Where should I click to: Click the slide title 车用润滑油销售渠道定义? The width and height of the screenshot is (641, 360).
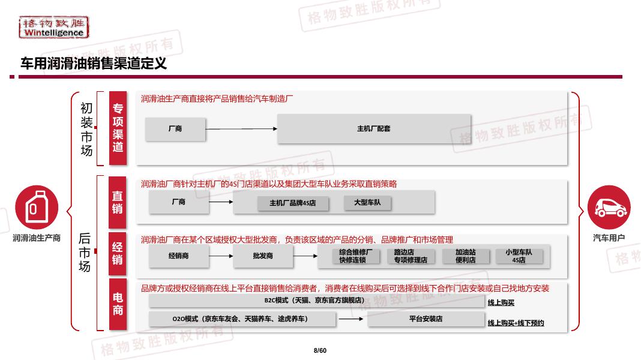click(x=93, y=63)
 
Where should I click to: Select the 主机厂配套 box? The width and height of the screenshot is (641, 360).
click(x=373, y=129)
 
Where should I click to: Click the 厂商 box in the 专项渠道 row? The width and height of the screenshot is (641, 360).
click(x=175, y=129)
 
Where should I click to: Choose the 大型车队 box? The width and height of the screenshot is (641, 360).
click(x=367, y=203)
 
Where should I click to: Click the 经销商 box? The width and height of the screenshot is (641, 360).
click(x=178, y=256)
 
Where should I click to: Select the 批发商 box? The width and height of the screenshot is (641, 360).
click(x=262, y=256)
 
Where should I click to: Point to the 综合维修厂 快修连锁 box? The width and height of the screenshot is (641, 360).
click(x=355, y=256)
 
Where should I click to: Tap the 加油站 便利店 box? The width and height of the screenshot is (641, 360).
click(x=465, y=256)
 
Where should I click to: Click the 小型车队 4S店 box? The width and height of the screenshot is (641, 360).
click(x=519, y=256)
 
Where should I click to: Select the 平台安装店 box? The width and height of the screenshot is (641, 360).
click(x=426, y=319)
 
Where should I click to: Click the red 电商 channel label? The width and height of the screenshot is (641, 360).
click(x=118, y=304)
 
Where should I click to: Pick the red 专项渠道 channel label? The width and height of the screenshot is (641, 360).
click(x=118, y=128)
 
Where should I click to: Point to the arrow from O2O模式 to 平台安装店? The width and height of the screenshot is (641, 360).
click(x=351, y=319)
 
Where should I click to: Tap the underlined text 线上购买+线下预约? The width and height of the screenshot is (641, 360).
click(x=516, y=323)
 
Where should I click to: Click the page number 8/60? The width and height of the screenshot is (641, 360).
click(x=320, y=350)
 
